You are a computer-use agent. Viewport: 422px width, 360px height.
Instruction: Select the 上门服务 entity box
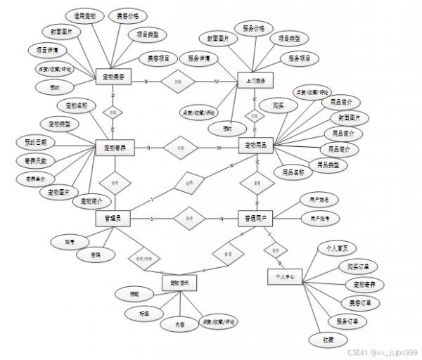point(255,82)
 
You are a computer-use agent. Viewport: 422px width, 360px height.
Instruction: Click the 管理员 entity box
point(113,219)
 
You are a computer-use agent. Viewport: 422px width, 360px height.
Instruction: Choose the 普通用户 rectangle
point(255,219)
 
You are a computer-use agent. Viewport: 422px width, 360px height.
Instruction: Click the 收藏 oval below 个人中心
point(328,340)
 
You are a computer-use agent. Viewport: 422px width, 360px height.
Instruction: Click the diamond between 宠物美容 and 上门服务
point(178,82)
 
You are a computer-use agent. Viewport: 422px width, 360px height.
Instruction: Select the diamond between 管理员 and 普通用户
point(188,219)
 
